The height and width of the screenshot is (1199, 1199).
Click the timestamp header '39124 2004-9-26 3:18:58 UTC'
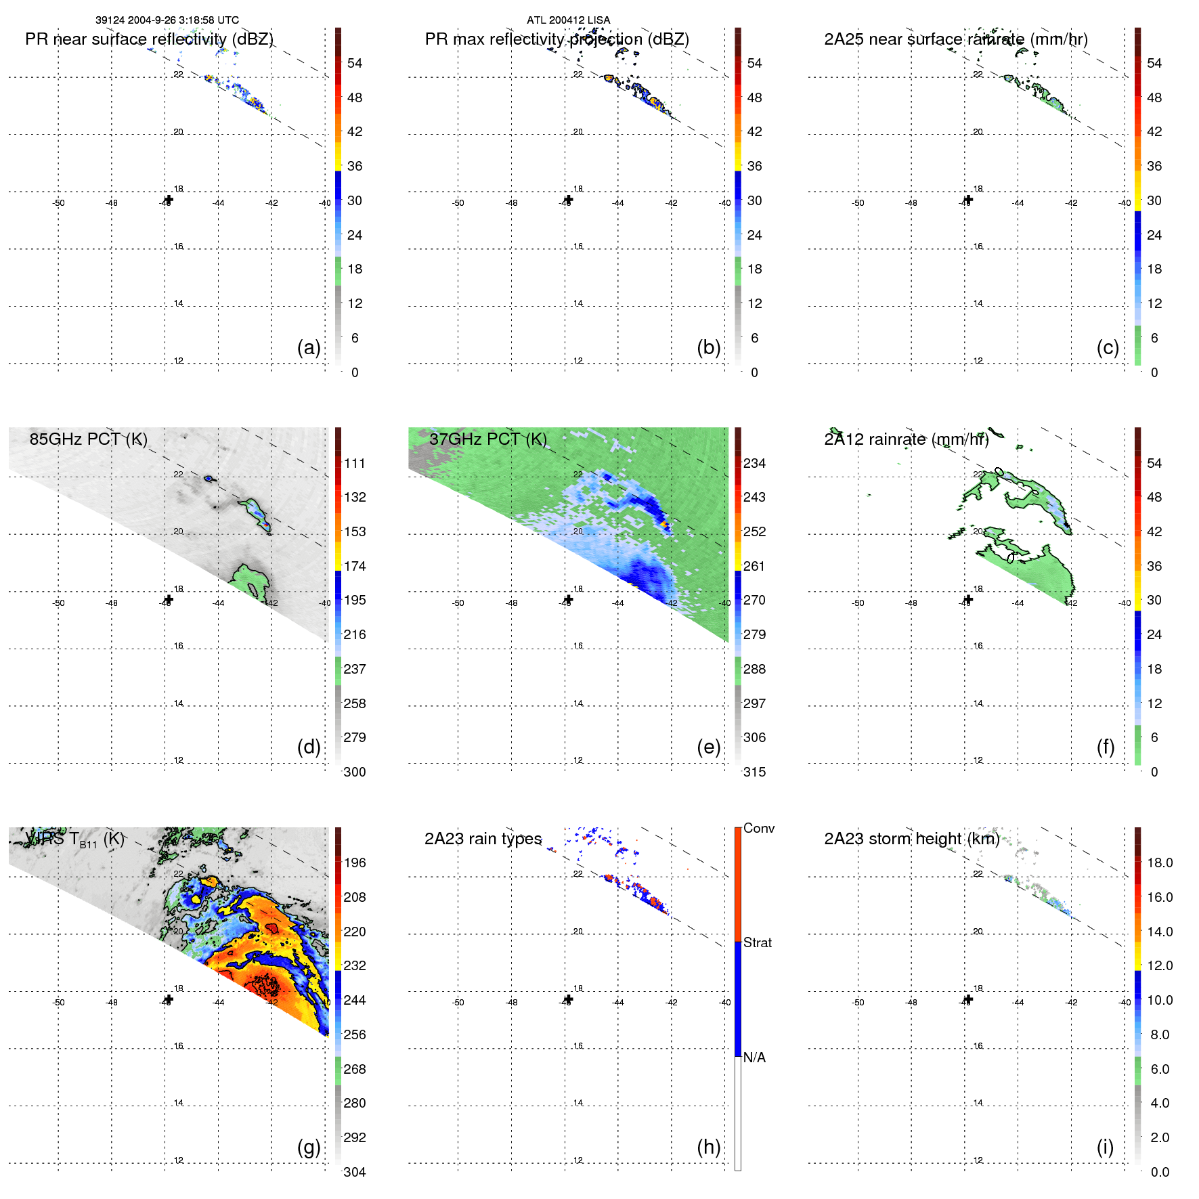(x=167, y=20)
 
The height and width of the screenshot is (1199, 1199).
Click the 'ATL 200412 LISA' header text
(x=568, y=20)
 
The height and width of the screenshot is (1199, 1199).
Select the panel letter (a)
(x=309, y=347)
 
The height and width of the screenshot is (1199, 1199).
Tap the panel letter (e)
(x=708, y=747)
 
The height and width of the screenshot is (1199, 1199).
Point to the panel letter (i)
(x=1105, y=1147)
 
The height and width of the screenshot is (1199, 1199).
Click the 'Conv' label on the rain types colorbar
(x=758, y=828)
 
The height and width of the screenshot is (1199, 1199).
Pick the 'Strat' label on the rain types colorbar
(x=757, y=942)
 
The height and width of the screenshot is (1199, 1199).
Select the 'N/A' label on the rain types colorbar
(x=754, y=1058)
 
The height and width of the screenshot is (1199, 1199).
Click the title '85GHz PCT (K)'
(x=88, y=439)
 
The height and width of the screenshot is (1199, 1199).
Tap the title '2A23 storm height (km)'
(x=911, y=839)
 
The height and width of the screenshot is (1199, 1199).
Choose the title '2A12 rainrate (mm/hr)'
(x=906, y=439)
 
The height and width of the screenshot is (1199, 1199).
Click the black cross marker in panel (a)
(x=169, y=200)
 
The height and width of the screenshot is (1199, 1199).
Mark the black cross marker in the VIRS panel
(x=169, y=999)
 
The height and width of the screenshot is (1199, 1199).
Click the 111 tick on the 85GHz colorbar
(x=355, y=463)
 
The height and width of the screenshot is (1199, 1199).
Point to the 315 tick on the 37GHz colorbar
(x=754, y=772)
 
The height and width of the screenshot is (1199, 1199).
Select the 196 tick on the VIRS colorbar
(x=355, y=863)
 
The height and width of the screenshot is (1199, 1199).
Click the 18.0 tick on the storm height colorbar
(x=1159, y=863)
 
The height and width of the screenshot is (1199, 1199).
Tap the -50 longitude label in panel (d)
(x=58, y=603)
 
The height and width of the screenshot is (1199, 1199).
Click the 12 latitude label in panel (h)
(x=578, y=1160)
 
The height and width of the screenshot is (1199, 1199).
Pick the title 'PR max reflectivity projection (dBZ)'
(x=557, y=39)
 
